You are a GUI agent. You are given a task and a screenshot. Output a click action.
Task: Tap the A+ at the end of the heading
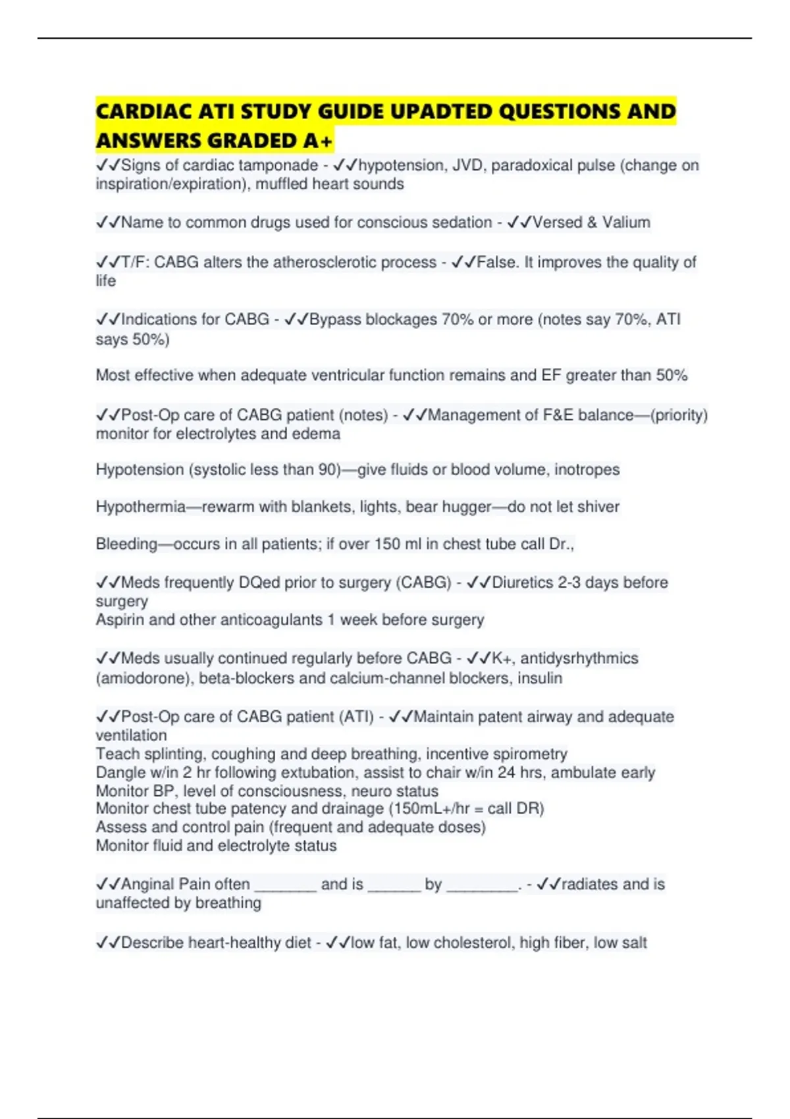point(319,141)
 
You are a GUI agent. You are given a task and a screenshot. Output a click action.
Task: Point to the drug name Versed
point(557,222)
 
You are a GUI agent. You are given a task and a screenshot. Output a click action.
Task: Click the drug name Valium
point(626,222)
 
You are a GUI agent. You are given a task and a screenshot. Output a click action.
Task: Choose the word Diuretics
point(523,583)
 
